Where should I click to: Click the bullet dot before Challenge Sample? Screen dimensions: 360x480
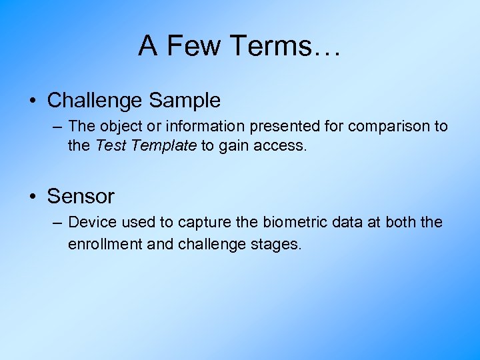[33, 101]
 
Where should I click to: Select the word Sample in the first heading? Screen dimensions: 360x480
[185, 101]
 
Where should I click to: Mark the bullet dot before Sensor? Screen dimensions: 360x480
[33, 197]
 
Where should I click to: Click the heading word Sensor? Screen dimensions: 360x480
[81, 197]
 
